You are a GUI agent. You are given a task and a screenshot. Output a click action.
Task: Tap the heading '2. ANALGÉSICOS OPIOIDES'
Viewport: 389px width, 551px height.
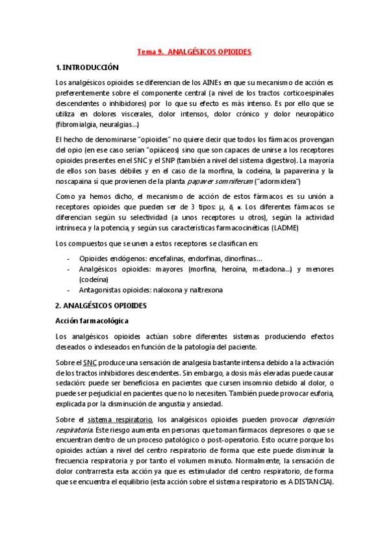tap(101, 305)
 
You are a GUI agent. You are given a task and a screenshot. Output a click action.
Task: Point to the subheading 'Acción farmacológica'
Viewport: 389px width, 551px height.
tap(91, 320)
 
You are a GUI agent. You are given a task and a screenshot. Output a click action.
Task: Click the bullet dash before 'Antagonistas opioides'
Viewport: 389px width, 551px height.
tap(69, 290)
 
